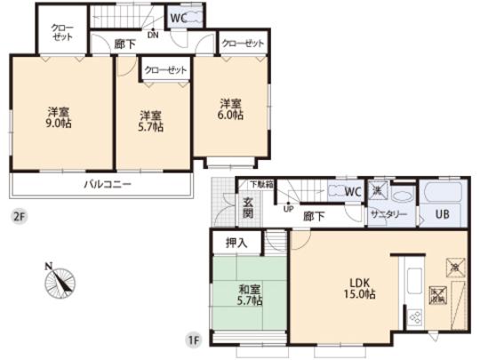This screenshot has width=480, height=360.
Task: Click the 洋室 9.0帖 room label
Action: pos(60,119)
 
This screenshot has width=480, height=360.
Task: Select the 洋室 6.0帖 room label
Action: pos(231,109)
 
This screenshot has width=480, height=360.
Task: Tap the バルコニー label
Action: pos(108,185)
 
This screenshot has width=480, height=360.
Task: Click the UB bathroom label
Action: pos(442,215)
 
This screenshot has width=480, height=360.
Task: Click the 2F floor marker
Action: pos(18,215)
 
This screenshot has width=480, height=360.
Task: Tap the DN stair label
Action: pos(152,36)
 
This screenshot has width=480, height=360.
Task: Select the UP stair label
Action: pos(288,212)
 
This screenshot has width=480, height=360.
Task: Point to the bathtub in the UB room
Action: pos(442,192)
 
